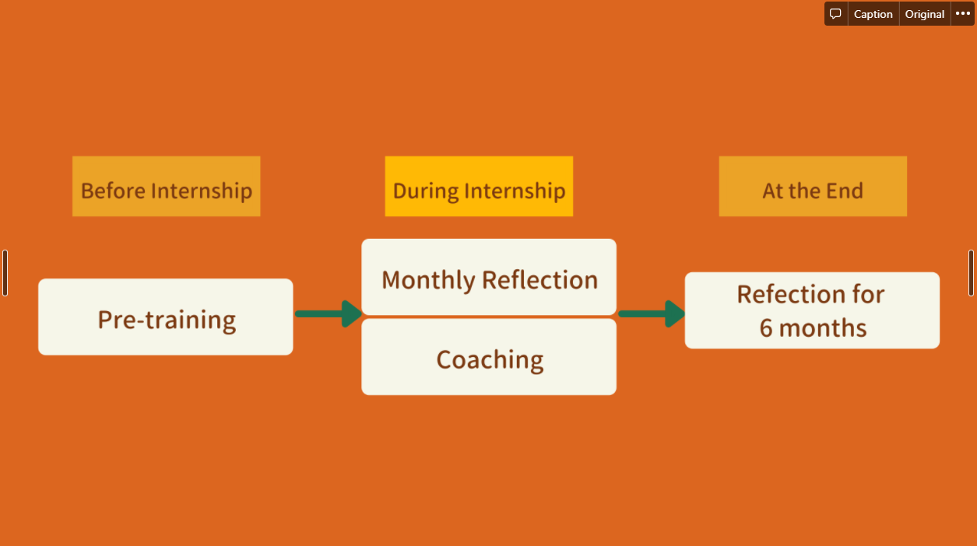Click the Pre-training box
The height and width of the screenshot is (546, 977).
click(166, 317)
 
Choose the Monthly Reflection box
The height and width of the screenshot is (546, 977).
click(489, 278)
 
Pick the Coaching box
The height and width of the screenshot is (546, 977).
click(489, 358)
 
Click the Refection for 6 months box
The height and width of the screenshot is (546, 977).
click(812, 310)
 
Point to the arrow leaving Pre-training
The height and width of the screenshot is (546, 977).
click(328, 313)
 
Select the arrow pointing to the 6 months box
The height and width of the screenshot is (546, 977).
click(651, 313)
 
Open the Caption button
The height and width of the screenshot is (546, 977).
click(873, 14)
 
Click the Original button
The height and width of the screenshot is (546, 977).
click(925, 14)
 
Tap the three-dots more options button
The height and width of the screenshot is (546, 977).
click(963, 14)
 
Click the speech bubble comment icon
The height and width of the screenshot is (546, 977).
click(835, 14)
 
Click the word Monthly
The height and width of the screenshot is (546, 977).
click(428, 280)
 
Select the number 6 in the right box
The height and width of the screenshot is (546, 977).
click(766, 328)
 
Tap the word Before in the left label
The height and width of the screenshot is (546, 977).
click(113, 191)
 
